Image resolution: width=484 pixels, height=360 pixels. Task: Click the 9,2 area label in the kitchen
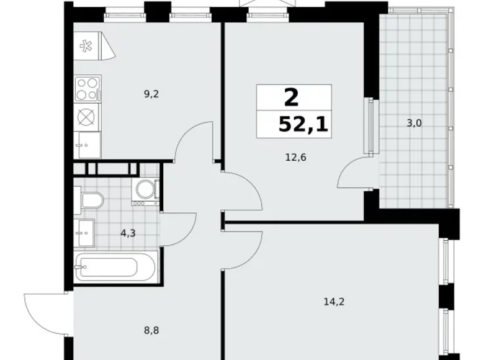[151, 94]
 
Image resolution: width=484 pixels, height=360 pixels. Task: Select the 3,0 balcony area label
[414, 123]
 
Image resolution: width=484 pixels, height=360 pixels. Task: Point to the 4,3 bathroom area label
[128, 234]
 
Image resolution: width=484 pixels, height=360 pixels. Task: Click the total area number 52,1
[303, 125]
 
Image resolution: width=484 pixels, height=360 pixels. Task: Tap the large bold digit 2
[290, 97]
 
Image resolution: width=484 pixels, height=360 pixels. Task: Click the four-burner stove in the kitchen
[87, 88]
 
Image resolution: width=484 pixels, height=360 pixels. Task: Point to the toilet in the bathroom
[91, 200]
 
